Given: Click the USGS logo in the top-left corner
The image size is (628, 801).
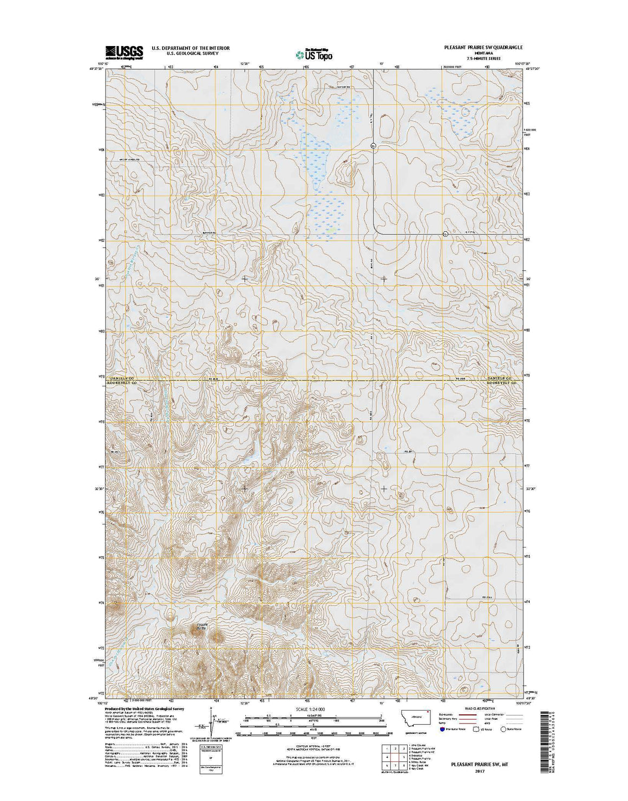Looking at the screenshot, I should (x=124, y=52).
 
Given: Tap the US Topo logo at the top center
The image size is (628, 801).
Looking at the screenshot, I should (x=314, y=54).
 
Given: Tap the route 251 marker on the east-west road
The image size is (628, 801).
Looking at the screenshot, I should (x=445, y=234).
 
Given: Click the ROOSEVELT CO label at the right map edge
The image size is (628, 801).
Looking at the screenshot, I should (x=501, y=383).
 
